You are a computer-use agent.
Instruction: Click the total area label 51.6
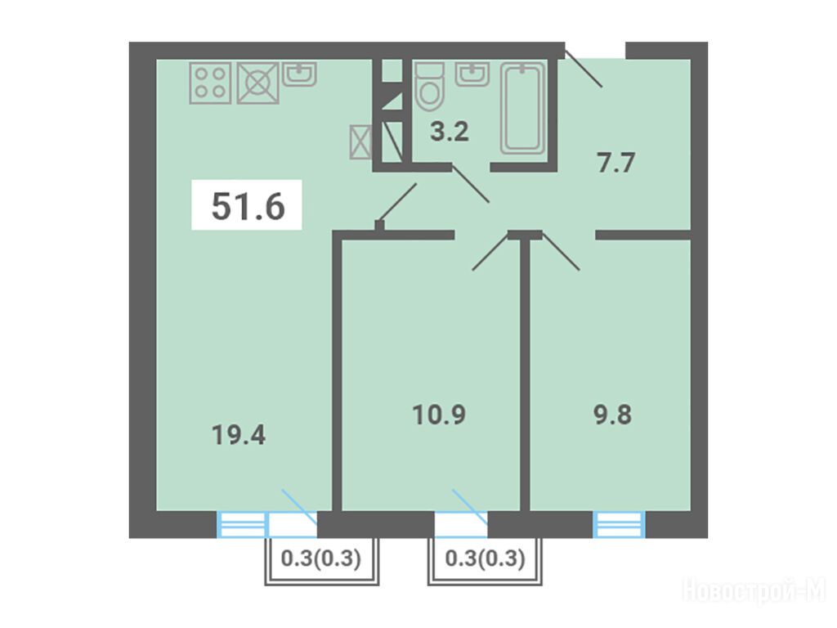pos(248,206)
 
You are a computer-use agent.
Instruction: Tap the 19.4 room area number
pos(239,435)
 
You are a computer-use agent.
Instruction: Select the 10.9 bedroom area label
pos(439,415)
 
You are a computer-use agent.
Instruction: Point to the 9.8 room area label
pos(613,415)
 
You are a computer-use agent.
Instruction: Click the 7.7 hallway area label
pos(616,163)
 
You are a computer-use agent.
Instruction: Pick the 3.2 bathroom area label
pos(450,132)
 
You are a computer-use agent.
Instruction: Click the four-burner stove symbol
pos(210,83)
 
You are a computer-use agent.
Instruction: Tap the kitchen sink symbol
pos(299,74)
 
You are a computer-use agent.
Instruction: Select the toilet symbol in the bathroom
pos(430,86)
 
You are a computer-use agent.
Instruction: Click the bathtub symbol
pos(523,109)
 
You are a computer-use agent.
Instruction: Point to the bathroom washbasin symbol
pos(472,74)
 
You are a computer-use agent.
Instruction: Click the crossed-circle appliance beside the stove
pos(257,83)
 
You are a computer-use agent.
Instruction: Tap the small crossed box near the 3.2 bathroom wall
pos(360,141)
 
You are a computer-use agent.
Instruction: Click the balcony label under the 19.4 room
pos(321,558)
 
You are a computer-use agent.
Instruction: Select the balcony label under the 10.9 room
pos(486,558)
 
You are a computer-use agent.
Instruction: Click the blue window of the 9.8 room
pos(620,524)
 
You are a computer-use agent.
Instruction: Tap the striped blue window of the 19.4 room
pos(241,524)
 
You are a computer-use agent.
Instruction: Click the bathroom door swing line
pos(471,184)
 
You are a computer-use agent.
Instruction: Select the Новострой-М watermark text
pos(754,592)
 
